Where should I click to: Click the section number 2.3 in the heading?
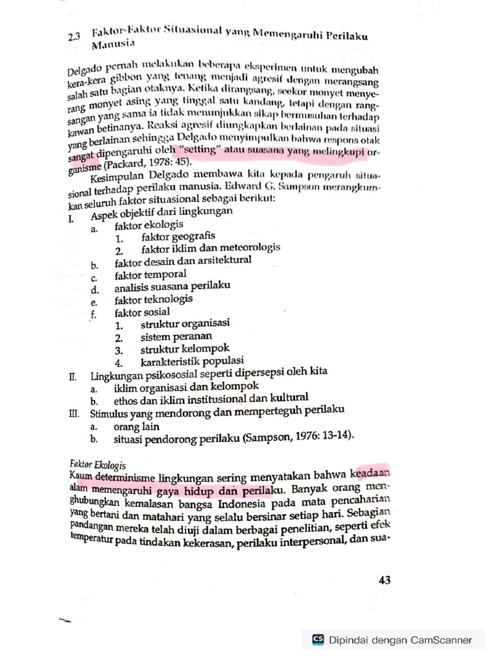(73, 37)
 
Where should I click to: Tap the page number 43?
(385, 580)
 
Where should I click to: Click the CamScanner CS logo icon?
(318, 639)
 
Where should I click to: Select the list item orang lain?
(137, 426)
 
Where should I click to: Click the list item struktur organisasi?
(185, 324)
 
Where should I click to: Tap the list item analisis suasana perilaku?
(172, 287)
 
